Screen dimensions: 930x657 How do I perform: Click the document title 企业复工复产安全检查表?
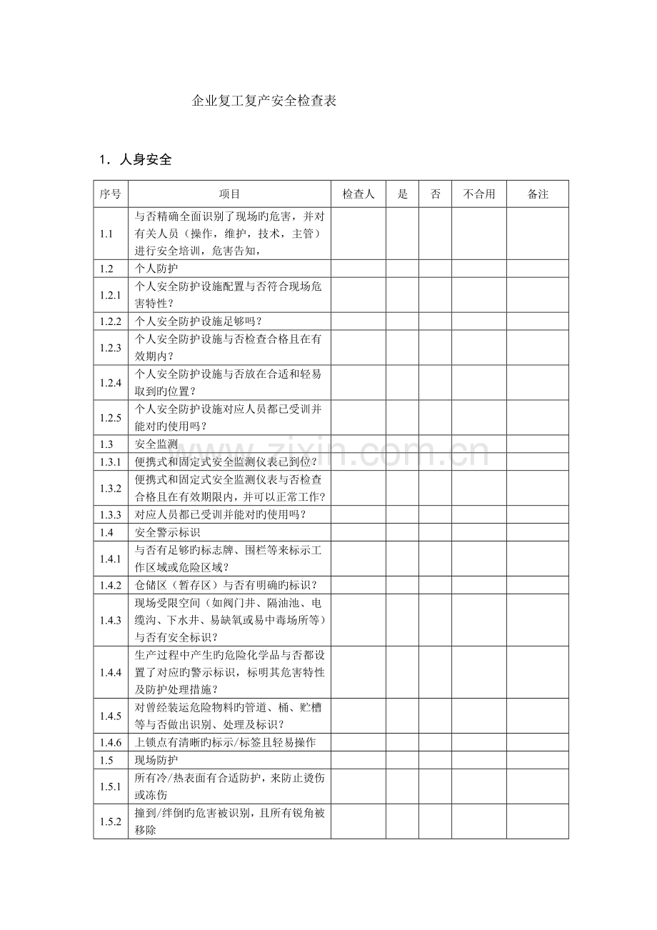click(x=265, y=101)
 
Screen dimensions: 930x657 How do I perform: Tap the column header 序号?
click(x=111, y=194)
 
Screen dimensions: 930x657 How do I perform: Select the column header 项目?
click(x=229, y=194)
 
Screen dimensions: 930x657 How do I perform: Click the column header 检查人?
click(x=358, y=194)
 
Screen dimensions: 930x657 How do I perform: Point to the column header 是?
click(x=402, y=194)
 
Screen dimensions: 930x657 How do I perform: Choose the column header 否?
click(x=435, y=194)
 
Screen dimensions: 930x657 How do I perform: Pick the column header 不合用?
click(x=478, y=194)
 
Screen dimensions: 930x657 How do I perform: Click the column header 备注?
click(x=538, y=194)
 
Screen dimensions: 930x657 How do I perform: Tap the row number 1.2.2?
click(x=111, y=321)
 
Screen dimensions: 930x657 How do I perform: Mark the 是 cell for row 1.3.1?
click(x=402, y=462)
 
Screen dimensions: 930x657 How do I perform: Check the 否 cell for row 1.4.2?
click(x=435, y=585)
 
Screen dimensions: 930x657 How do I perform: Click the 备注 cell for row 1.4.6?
click(x=538, y=742)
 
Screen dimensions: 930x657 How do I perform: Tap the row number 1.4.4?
click(x=111, y=672)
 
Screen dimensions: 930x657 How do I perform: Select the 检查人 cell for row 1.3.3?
click(x=358, y=514)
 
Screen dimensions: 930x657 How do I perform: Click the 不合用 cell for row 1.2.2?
click(x=478, y=321)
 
